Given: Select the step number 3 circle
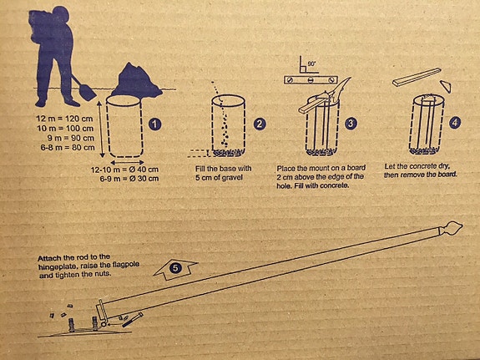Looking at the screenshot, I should point(351,124).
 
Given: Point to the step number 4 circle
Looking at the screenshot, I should point(454,122).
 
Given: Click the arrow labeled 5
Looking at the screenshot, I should point(175,269).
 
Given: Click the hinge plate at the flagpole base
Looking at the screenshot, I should point(102,315).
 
